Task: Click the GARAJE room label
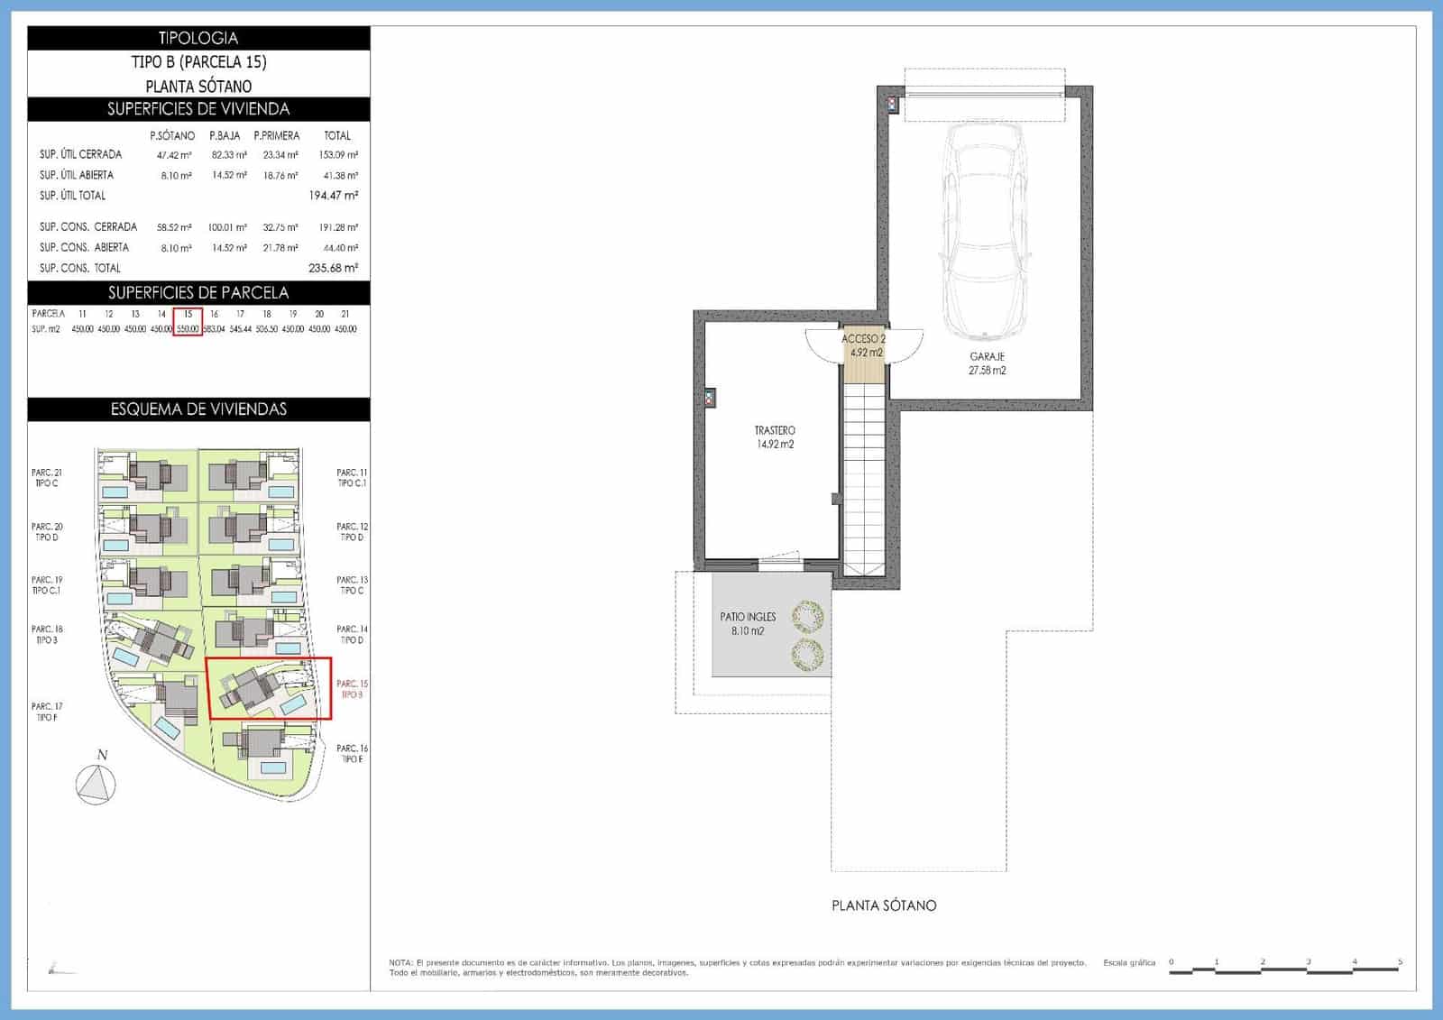(x=987, y=357)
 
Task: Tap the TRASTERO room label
(x=775, y=431)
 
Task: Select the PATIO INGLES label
(x=748, y=617)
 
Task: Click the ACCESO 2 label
(x=863, y=339)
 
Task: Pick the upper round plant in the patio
(x=807, y=618)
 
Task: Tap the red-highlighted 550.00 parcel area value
(x=188, y=329)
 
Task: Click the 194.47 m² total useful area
(x=333, y=196)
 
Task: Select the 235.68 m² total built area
(x=333, y=268)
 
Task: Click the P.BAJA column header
(x=225, y=136)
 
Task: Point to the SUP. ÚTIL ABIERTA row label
(x=77, y=175)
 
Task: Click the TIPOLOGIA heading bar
(x=198, y=38)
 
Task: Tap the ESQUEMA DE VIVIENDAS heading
(x=198, y=409)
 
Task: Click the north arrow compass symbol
(x=97, y=783)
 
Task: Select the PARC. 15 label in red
(x=351, y=685)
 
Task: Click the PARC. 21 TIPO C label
(x=47, y=478)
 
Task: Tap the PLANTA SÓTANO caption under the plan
(x=884, y=905)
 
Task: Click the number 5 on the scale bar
(x=1400, y=962)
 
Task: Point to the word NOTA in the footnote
(x=400, y=963)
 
